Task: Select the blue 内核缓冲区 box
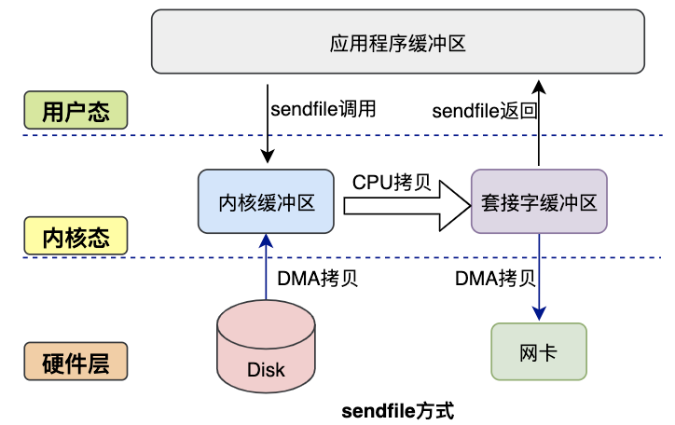click(x=267, y=201)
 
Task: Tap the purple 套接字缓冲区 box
click(x=539, y=201)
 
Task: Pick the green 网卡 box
click(x=539, y=351)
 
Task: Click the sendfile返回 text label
click(x=485, y=111)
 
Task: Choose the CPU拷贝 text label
click(x=391, y=182)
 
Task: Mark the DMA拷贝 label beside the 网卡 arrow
click(x=495, y=278)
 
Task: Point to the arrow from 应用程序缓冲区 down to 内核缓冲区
click(x=267, y=121)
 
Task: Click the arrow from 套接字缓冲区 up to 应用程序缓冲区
click(x=539, y=126)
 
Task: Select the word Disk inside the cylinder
click(x=266, y=369)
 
